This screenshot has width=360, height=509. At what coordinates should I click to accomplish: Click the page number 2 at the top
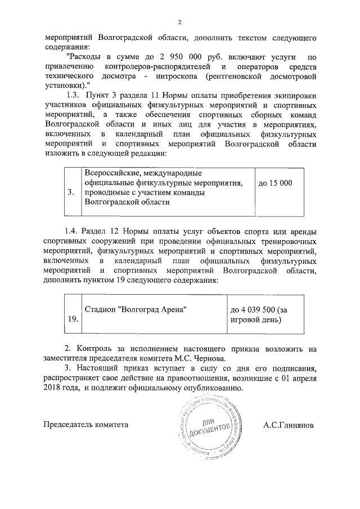tap(180, 22)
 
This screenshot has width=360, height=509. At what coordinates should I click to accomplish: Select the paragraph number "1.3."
tap(75, 94)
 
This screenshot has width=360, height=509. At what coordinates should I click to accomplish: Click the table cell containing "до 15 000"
tap(275, 183)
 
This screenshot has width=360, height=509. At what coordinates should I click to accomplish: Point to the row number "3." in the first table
tap(71, 192)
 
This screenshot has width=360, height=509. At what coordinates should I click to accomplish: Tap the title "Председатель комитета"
tap(85, 425)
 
